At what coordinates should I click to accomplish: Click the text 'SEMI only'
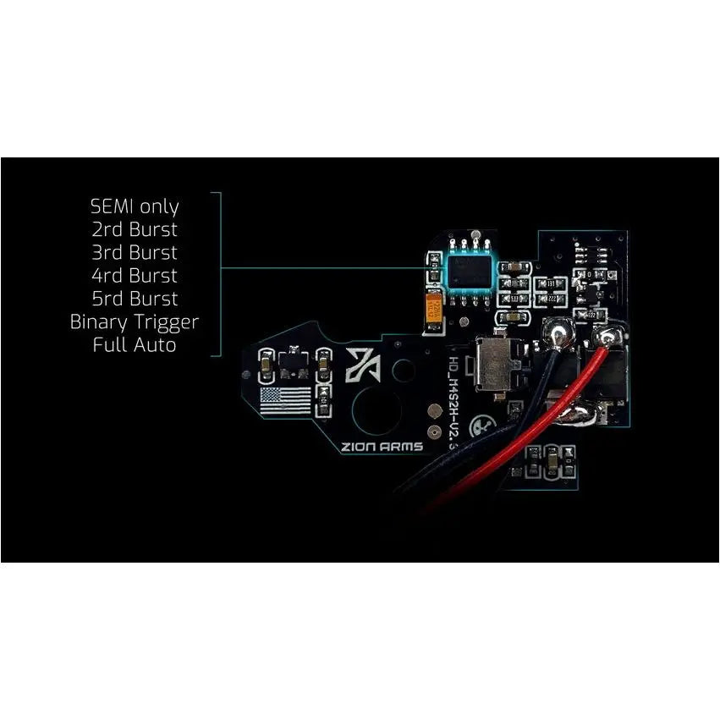(135, 206)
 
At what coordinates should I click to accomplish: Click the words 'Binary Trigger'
(135, 322)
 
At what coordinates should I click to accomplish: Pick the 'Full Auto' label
(135, 345)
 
